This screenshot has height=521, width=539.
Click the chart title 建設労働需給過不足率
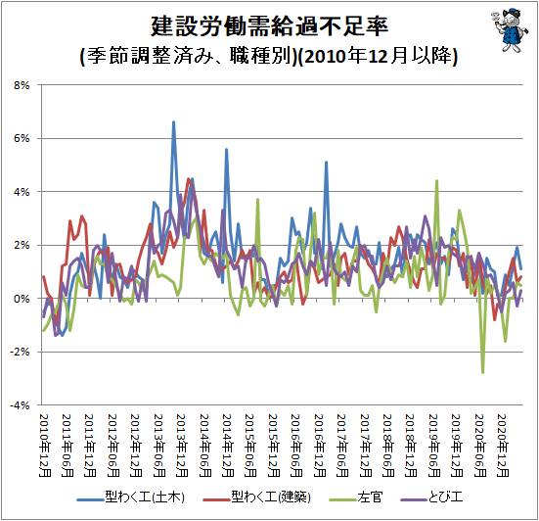270,26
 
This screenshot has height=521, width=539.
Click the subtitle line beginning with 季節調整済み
269,56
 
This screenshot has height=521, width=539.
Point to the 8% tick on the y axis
22,85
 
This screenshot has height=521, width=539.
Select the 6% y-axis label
22,138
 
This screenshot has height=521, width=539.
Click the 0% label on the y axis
22,299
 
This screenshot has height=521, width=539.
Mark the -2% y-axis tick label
20,352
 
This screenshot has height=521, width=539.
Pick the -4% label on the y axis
20,405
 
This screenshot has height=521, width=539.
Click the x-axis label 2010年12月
45,446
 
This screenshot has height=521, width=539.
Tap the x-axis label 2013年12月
182,446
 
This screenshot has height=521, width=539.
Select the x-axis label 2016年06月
296,446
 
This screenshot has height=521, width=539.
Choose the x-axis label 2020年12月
503,446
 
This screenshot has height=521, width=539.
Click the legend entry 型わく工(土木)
131,497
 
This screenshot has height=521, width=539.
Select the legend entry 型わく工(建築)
256,497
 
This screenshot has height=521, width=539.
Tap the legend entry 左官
356,497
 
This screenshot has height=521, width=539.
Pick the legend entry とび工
431,497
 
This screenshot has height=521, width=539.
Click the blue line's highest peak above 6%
173,121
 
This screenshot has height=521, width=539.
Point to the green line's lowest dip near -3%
482,372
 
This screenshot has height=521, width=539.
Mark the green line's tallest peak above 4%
436,180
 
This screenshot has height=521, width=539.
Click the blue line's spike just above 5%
326,163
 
